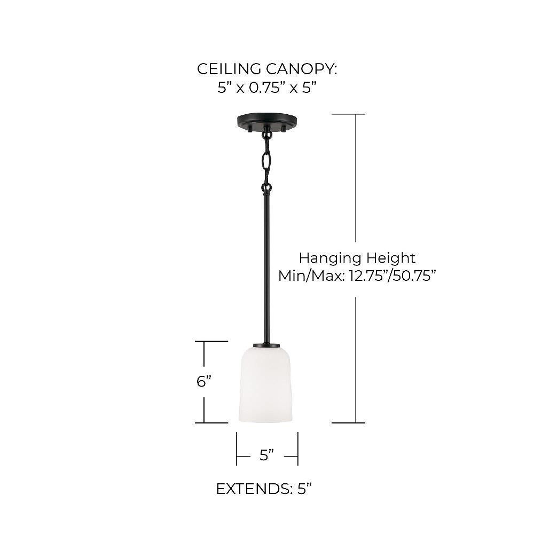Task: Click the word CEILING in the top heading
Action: pyautogui.click(x=230, y=69)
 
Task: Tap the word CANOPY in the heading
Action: pyautogui.click(x=301, y=69)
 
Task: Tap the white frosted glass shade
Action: pyautogui.click(x=265, y=385)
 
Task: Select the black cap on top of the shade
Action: pyautogui.click(x=266, y=345)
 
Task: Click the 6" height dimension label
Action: pyautogui.click(x=204, y=381)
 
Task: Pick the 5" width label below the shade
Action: pyautogui.click(x=266, y=455)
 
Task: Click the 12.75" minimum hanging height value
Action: pyautogui.click(x=369, y=276)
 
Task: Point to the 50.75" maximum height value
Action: pyautogui.click(x=415, y=276)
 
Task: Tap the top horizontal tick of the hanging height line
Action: pyautogui.click(x=348, y=114)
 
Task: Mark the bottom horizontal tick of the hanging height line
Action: pyautogui.click(x=348, y=422)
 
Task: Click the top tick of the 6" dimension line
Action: pyautogui.click(x=211, y=341)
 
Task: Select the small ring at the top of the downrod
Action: pyautogui.click(x=266, y=187)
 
